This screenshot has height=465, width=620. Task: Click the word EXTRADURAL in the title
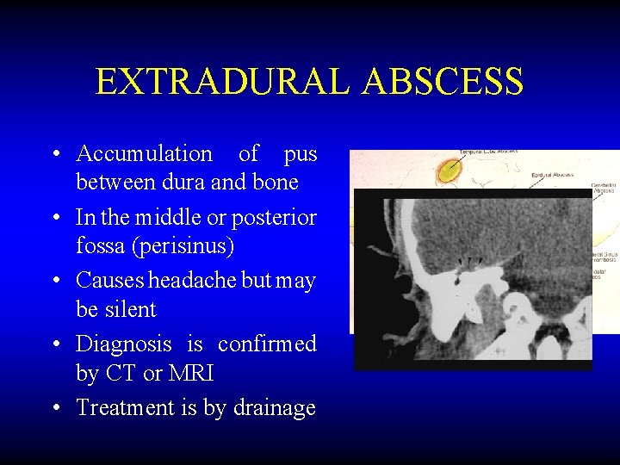click(223, 82)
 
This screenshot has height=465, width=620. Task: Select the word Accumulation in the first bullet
click(144, 154)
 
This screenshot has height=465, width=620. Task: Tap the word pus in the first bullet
click(300, 154)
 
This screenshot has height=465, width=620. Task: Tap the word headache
click(193, 281)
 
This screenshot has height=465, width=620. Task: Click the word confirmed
click(267, 344)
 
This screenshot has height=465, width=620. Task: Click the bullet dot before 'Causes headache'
click(54, 282)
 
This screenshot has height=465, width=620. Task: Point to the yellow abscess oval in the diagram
click(448, 172)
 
